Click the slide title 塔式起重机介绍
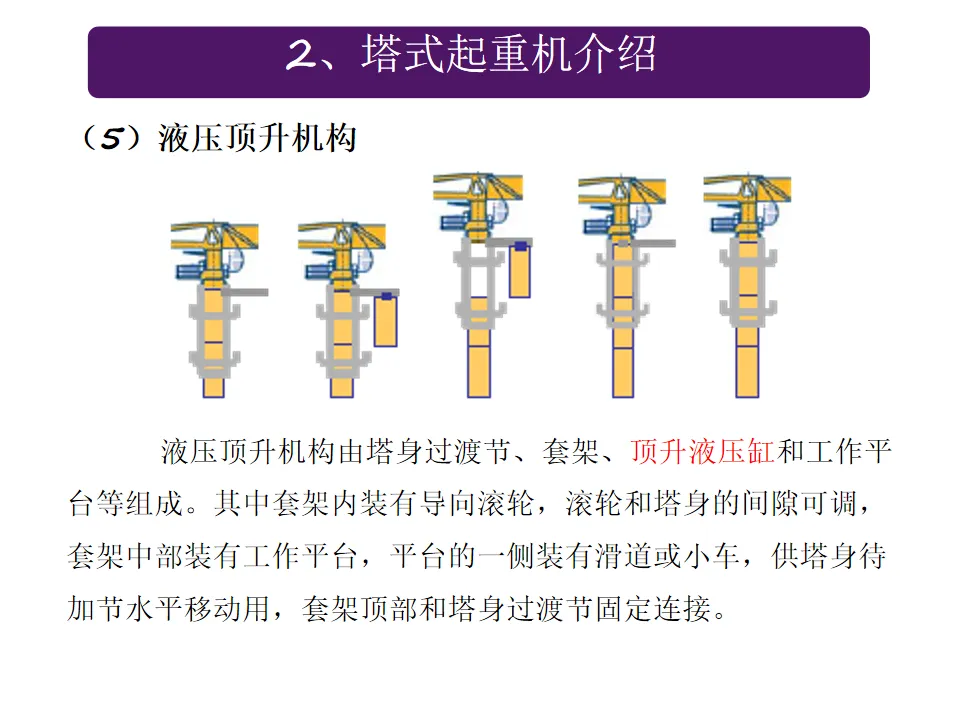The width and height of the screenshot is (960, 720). pyautogui.click(x=509, y=54)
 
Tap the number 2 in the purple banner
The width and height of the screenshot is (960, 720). pyautogui.click(x=302, y=54)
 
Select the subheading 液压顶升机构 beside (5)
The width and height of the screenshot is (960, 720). pyautogui.click(x=257, y=137)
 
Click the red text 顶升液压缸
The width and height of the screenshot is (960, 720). pyautogui.click(x=702, y=452)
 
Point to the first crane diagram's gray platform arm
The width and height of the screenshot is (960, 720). pyautogui.click(x=244, y=293)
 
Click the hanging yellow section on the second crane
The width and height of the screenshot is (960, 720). pyautogui.click(x=386, y=320)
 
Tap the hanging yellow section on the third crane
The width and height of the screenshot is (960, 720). pyautogui.click(x=520, y=270)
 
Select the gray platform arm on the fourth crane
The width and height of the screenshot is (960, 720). pyautogui.click(x=647, y=243)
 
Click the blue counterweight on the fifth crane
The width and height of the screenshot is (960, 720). pyautogui.click(x=725, y=223)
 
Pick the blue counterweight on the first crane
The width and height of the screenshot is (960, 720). pyautogui.click(x=190, y=271)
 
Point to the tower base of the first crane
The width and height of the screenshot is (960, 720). pyautogui.click(x=214, y=387)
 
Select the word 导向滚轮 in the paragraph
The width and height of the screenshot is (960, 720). pyautogui.click(x=475, y=504)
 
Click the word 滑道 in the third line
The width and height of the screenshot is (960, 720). pyautogui.click(x=623, y=556)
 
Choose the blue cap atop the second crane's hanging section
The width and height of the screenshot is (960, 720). pyautogui.click(x=386, y=296)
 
